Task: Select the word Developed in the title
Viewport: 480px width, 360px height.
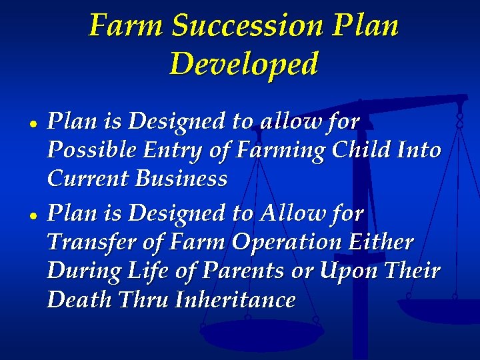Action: pos(244,64)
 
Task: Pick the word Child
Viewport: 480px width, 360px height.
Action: pos(365,150)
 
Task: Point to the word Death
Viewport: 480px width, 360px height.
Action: pos(79,300)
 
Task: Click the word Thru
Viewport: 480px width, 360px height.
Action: pos(143,300)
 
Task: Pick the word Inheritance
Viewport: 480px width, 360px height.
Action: pos(235,300)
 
